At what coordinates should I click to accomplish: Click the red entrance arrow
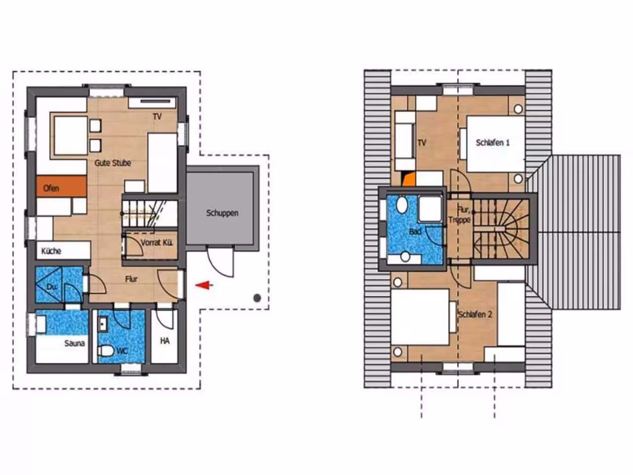204,285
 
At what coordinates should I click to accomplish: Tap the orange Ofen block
61,187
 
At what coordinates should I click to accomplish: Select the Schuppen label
223,213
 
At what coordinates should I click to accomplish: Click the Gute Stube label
113,163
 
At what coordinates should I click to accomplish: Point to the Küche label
51,251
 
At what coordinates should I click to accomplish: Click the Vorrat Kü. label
157,242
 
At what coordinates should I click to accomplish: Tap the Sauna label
74,343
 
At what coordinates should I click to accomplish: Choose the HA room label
165,341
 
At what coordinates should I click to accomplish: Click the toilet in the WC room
105,351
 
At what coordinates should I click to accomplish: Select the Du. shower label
51,286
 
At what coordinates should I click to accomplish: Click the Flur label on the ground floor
131,279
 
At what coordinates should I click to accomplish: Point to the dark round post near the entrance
257,298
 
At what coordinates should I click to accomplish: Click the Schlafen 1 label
493,142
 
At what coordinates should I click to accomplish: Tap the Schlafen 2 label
475,314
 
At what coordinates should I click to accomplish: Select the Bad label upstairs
415,231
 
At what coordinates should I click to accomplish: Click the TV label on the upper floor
422,142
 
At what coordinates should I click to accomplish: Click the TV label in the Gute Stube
157,116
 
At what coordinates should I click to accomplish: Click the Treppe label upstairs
460,220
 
